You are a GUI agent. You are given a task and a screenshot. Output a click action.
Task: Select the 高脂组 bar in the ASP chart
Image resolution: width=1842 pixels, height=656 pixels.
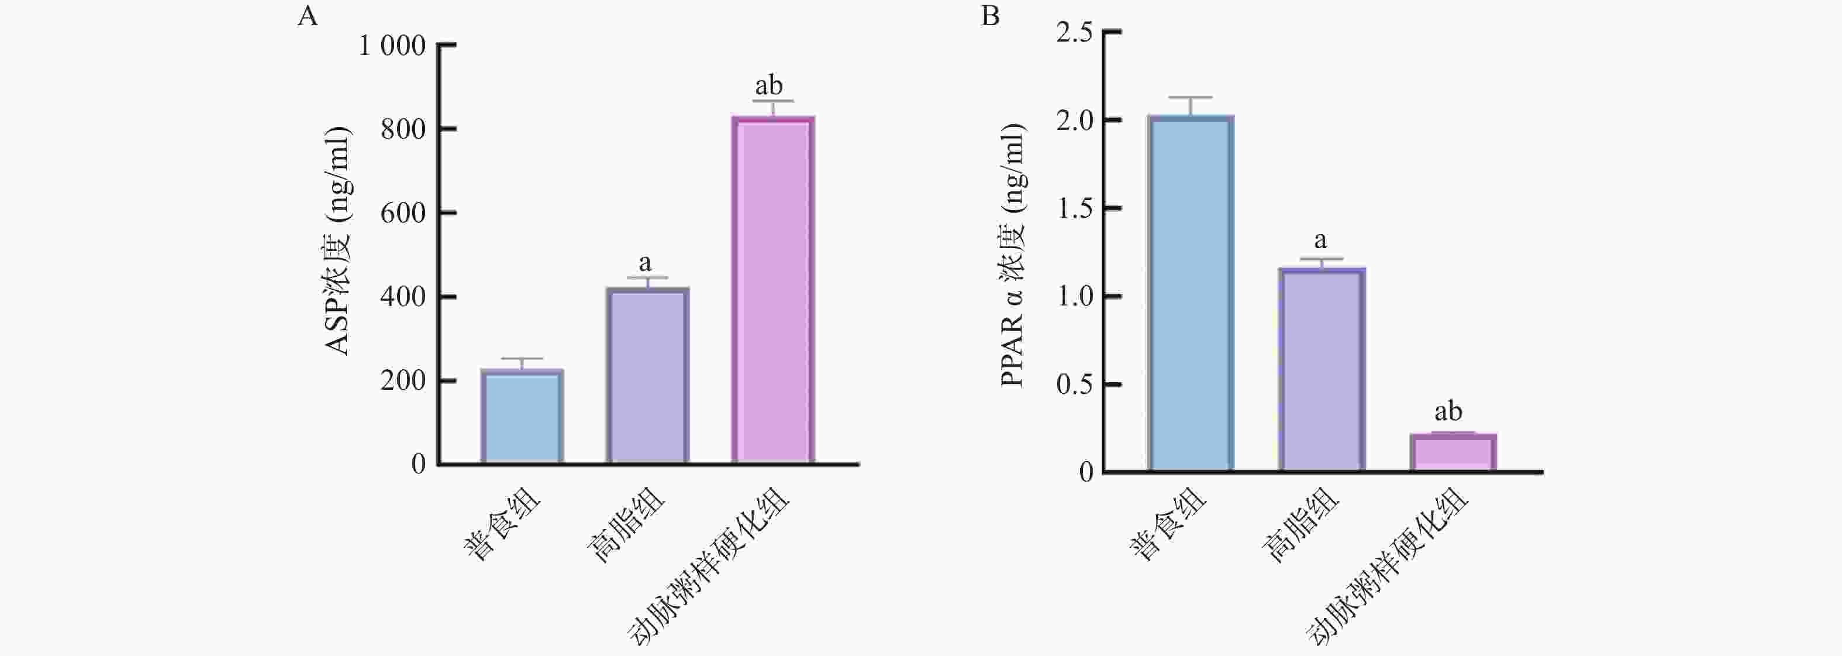pyautogui.click(x=648, y=376)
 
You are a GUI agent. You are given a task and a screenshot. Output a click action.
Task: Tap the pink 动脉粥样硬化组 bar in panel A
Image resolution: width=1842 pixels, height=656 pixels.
pyautogui.click(x=773, y=290)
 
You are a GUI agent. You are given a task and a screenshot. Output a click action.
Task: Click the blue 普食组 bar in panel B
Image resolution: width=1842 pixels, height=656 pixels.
pyautogui.click(x=1191, y=293)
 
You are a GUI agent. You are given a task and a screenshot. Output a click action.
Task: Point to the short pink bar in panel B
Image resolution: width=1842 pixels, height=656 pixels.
pyautogui.click(x=1453, y=453)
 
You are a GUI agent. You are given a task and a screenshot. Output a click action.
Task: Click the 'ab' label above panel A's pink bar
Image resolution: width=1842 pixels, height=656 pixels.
pyautogui.click(x=769, y=86)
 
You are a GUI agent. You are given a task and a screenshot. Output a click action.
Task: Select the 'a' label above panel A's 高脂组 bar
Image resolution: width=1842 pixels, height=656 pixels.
pyautogui.click(x=645, y=263)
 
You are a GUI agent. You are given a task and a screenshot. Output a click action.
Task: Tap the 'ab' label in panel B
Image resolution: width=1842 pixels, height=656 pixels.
pyautogui.click(x=1448, y=412)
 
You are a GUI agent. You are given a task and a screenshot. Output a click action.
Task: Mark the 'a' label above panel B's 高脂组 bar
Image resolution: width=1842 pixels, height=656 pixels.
pyautogui.click(x=1320, y=240)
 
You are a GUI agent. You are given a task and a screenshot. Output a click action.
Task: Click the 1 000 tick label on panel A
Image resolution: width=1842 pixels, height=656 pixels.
pyautogui.click(x=392, y=46)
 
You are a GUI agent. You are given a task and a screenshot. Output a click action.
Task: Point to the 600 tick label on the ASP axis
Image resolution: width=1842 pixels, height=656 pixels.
pyautogui.click(x=402, y=213)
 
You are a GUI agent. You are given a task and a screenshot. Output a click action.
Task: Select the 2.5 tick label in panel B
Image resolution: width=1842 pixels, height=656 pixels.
pyautogui.click(x=1075, y=33)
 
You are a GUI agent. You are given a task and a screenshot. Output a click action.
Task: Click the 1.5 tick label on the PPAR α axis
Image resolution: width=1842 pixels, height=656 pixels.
pyautogui.click(x=1075, y=209)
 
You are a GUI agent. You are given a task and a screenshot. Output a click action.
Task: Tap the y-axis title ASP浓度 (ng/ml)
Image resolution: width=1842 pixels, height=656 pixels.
pyautogui.click(x=337, y=241)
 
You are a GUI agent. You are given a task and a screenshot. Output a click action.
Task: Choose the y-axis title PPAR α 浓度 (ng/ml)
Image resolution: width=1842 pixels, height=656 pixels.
pyautogui.click(x=1013, y=255)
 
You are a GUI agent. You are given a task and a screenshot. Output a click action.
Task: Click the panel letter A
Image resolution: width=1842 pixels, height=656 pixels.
pyautogui.click(x=307, y=16)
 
